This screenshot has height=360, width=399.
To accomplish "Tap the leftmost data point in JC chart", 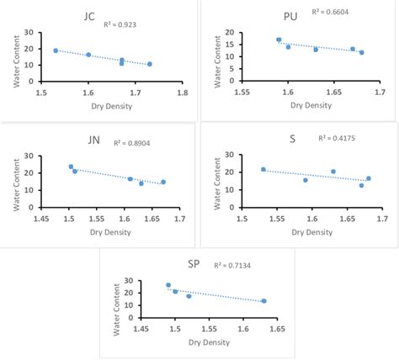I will [56, 50].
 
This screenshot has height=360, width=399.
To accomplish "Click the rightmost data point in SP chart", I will [263, 301].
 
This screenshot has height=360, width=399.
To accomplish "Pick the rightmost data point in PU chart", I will [362, 52].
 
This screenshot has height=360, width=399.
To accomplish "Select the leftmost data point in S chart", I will [263, 169].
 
